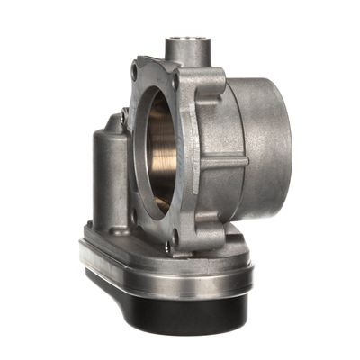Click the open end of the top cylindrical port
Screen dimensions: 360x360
pyautogui.click(x=186, y=40)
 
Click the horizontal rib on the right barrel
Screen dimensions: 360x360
pyautogui.click(x=225, y=163)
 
